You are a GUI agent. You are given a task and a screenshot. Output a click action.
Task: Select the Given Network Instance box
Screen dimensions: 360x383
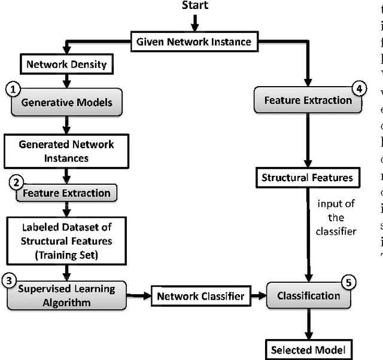pyautogui.click(x=194, y=42)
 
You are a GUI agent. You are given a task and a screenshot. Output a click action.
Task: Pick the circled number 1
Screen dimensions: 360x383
pyautogui.click(x=13, y=89)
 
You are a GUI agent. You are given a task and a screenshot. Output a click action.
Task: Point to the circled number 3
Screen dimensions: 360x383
pyautogui.click(x=9, y=279)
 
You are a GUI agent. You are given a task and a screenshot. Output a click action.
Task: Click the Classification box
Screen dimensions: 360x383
pyautogui.click(x=308, y=295)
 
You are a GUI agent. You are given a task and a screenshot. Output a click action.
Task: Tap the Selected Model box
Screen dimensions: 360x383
pyautogui.click(x=308, y=348)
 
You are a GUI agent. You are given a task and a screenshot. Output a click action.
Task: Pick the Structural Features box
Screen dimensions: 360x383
pyautogui.click(x=308, y=178)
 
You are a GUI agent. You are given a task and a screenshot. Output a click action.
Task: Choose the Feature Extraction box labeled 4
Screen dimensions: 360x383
pyautogui.click(x=308, y=100)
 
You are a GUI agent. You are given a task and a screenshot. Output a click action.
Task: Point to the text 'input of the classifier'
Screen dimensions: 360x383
pyautogui.click(x=336, y=217)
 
